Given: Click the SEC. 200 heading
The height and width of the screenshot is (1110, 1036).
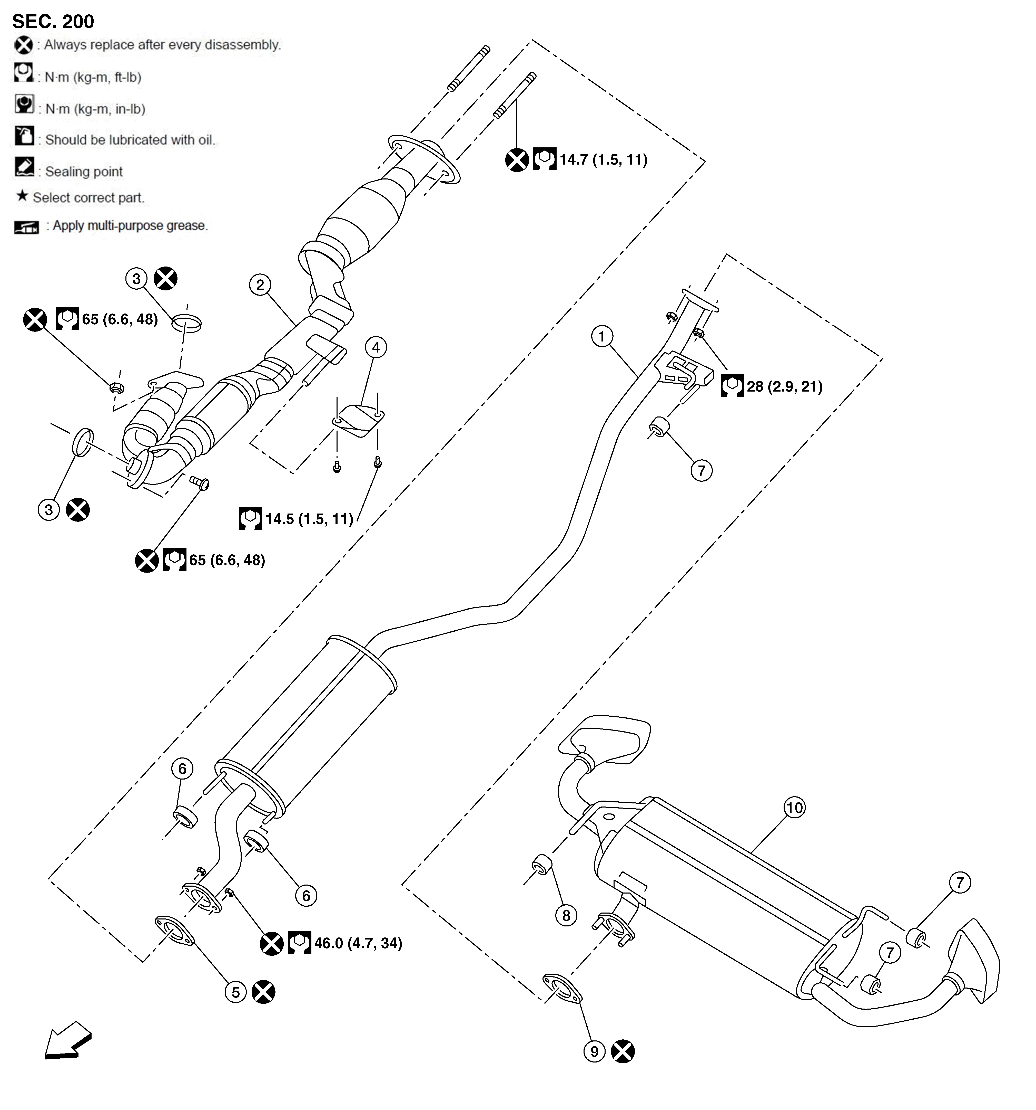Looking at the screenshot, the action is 53,21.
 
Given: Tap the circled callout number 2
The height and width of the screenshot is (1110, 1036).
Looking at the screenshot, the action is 260,285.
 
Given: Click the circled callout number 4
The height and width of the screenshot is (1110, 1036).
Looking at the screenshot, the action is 376,347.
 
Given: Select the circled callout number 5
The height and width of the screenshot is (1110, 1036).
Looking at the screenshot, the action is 235,992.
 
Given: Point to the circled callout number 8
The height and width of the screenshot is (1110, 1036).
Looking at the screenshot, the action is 566,915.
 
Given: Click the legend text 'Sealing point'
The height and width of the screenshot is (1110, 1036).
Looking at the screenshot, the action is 84,172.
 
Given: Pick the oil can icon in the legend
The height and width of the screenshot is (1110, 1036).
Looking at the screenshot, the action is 24,136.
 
